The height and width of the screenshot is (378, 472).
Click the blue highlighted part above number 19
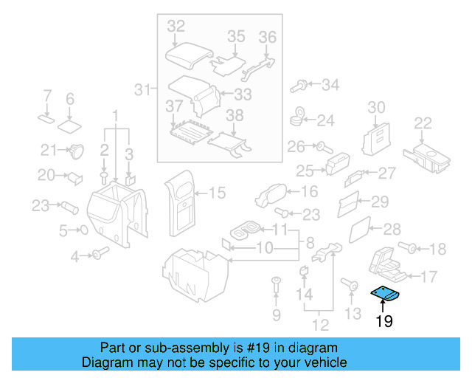pyautogui.click(x=384, y=295)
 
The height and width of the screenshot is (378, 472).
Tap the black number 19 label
pyautogui.click(x=383, y=321)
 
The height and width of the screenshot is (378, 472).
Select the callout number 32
pyautogui.click(x=176, y=27)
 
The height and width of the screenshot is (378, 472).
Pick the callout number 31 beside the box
pyautogui.click(x=141, y=90)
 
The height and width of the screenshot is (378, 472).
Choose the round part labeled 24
pyautogui.click(x=298, y=116)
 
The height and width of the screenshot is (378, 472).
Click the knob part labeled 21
pyautogui.click(x=75, y=151)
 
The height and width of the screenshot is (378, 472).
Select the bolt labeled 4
pyautogui.click(x=98, y=255)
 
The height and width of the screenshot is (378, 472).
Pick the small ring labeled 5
pyautogui.click(x=83, y=230)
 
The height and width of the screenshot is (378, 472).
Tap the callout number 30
pyautogui.click(x=376, y=108)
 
